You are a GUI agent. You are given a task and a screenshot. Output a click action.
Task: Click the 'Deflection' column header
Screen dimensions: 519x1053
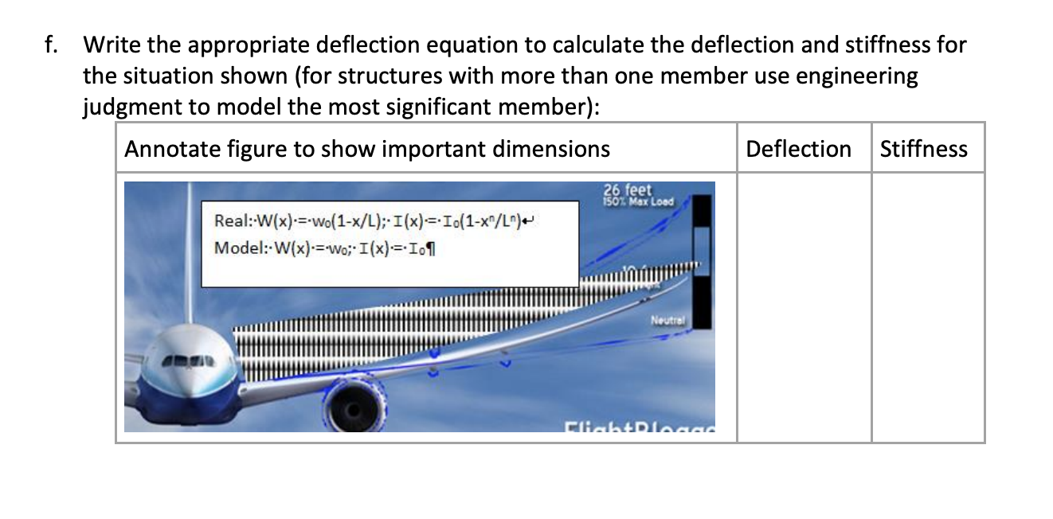pos(798,149)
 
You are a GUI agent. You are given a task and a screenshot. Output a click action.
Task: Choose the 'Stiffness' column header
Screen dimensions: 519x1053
pos(923,149)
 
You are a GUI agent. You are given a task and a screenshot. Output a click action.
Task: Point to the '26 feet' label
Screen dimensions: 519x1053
pos(628,190)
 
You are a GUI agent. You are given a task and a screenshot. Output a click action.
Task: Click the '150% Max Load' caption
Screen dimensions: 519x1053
pos(639,201)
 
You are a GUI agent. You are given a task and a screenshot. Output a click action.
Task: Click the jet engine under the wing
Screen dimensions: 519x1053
pos(351,407)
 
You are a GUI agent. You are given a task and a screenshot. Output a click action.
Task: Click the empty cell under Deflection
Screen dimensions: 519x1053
pos(803,306)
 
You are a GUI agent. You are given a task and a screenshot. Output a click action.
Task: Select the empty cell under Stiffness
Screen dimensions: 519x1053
pos(927,306)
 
